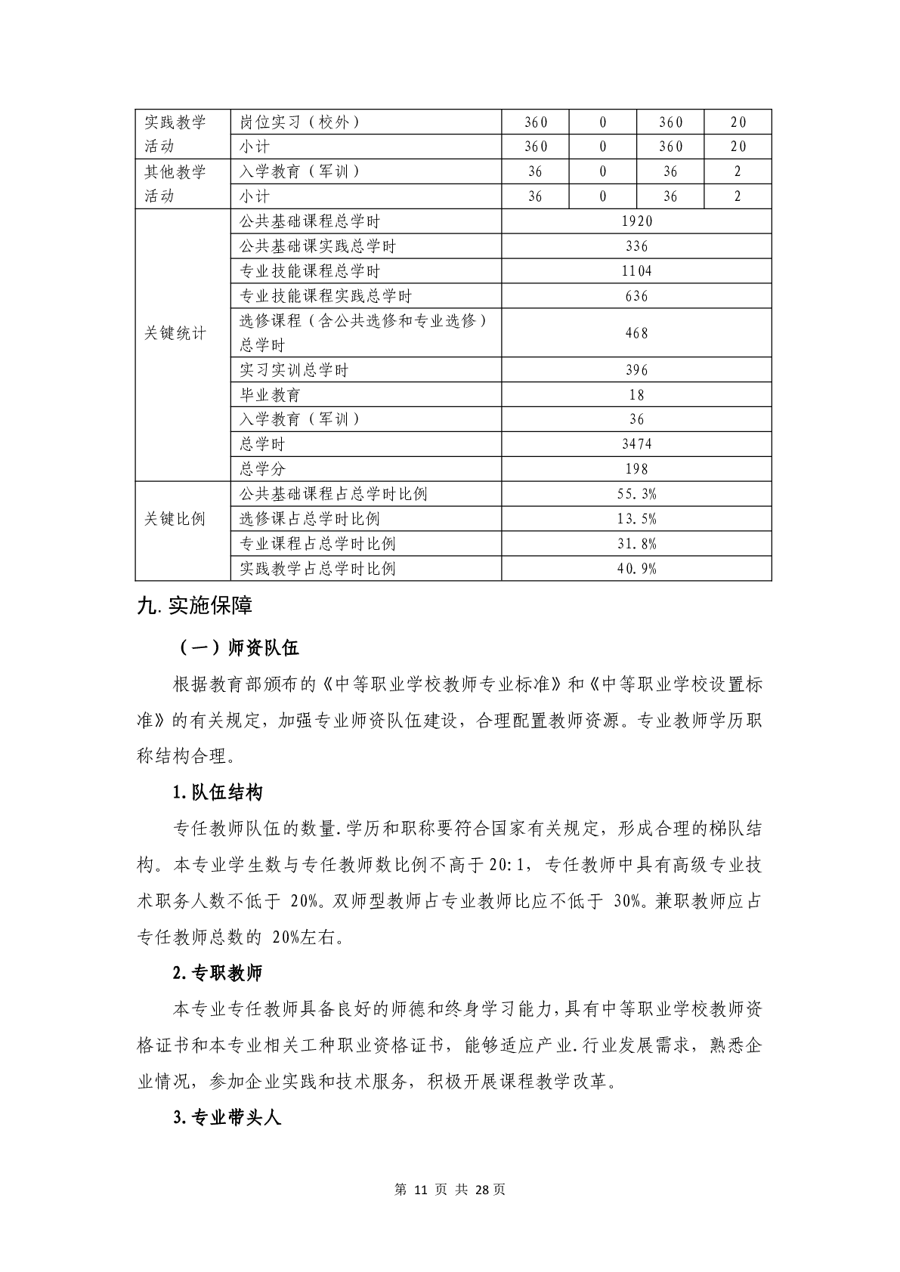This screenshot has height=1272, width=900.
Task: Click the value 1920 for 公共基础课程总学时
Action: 636,221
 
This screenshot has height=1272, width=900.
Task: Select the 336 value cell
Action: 636,246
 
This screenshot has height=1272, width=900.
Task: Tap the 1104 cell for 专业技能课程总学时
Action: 636,271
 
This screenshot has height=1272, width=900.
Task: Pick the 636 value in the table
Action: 636,296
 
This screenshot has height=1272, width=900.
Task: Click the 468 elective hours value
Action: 636,332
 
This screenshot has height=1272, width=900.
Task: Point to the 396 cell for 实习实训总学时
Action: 636,370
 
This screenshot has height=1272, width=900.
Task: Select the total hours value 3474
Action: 636,444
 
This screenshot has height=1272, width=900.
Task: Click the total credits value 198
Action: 636,469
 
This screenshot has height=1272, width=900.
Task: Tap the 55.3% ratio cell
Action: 636,494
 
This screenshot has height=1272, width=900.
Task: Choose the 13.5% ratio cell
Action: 636,519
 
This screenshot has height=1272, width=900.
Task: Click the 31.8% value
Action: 636,544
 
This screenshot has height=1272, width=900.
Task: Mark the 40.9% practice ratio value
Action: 636,569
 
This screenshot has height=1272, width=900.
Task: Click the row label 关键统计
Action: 175,333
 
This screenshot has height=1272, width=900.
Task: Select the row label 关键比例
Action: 175,519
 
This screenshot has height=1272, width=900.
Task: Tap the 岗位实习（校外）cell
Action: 299,122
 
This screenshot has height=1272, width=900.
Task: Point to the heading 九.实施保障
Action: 194,606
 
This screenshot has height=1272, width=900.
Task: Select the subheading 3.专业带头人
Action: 227,1118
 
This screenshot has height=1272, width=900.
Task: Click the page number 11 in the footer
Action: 422,1190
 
